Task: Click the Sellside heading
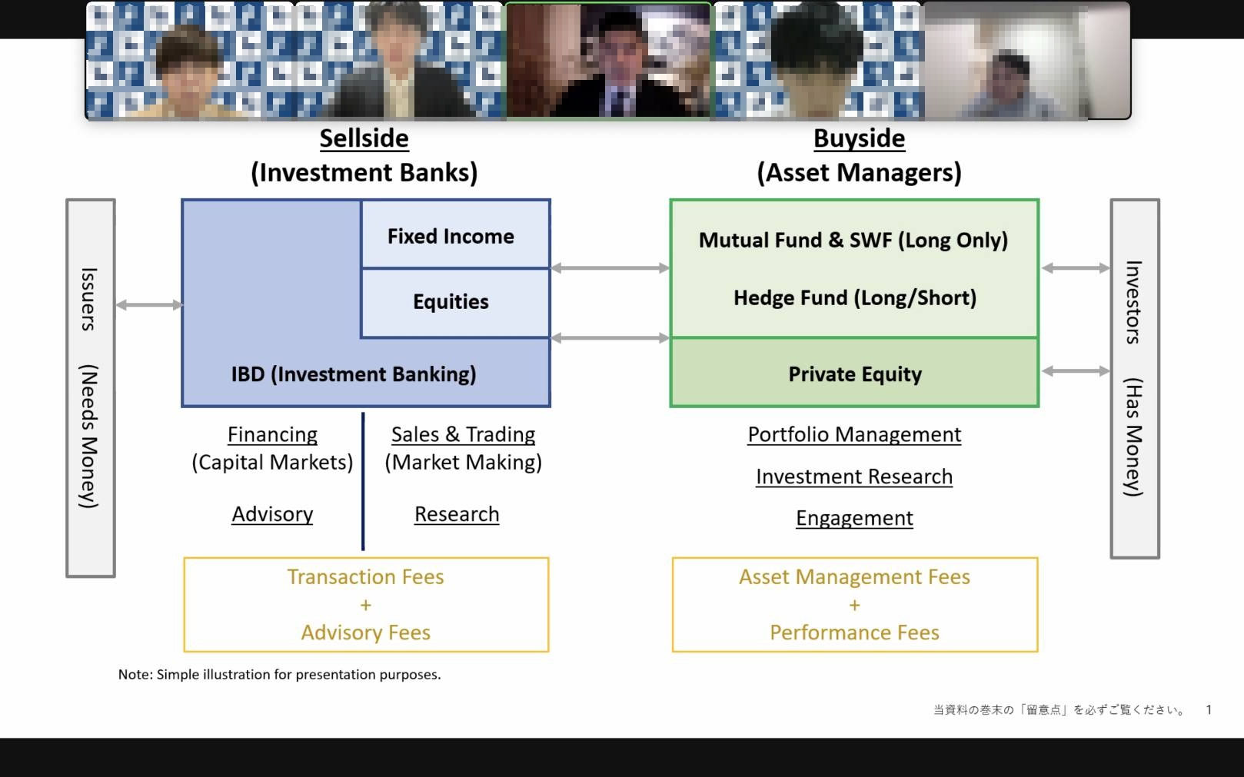(x=364, y=138)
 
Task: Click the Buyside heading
(x=859, y=138)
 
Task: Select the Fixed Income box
(x=451, y=236)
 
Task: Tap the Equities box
(x=451, y=301)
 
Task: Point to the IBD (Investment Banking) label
(x=353, y=374)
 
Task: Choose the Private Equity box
(x=854, y=374)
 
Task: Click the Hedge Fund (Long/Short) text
(x=854, y=297)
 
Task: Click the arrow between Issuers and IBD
(x=148, y=305)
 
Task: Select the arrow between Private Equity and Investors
(x=1076, y=371)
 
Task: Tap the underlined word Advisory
(x=272, y=514)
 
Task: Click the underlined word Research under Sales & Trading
(x=457, y=514)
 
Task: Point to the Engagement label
(x=854, y=518)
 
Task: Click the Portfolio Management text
(x=854, y=434)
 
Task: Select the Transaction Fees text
(x=365, y=577)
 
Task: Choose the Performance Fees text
(x=854, y=633)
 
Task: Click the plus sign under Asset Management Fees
(x=854, y=606)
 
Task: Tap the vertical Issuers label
(x=89, y=300)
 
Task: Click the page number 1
(x=1209, y=709)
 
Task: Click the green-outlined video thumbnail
(x=607, y=61)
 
